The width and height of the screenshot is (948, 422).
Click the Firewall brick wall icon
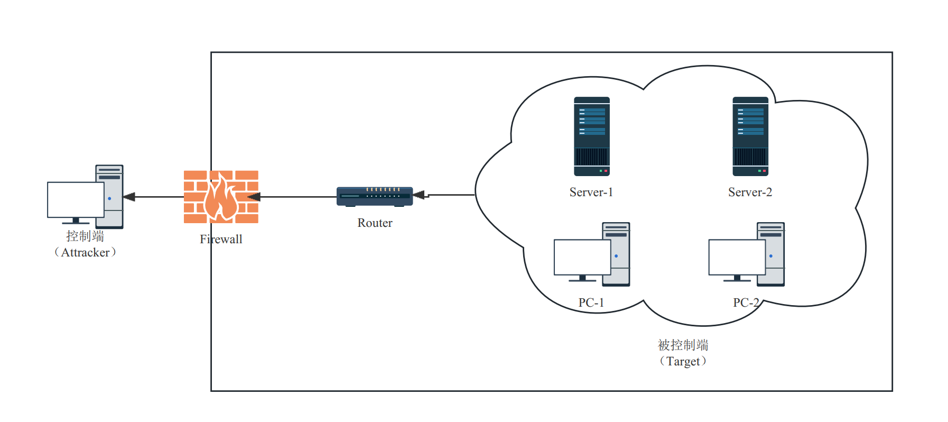coord(196,197)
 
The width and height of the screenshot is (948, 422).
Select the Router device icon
coord(375,196)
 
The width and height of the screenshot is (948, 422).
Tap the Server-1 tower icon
coord(592,136)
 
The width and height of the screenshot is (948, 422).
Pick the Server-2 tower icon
coord(750,136)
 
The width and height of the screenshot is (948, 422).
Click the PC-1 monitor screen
coord(582,257)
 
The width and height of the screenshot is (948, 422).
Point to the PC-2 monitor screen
coord(737,257)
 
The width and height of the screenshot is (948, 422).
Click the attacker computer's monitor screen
coord(76,200)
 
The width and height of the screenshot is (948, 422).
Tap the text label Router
coord(375,223)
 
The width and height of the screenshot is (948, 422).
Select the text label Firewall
coord(221,240)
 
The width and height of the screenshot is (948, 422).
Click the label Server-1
coord(591,192)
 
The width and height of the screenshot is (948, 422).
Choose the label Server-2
coord(750,192)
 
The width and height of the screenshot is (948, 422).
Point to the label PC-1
coord(591,302)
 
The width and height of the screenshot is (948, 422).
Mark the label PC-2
coord(746,302)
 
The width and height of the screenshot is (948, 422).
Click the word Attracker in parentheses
coord(85,253)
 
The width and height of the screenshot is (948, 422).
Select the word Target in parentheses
coord(683,362)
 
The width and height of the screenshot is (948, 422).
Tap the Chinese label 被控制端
coord(683,345)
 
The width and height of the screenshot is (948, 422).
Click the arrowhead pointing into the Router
coord(419,195)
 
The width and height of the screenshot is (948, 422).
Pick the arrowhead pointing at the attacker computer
coord(129,197)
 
